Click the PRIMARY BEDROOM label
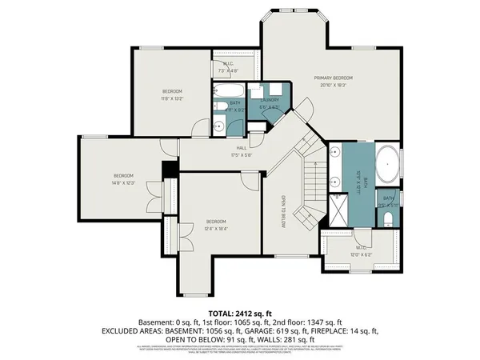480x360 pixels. coord(334,78)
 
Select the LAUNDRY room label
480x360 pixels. coord(270,100)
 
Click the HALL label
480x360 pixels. coord(241,147)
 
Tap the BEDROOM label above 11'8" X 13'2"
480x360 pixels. coord(173,91)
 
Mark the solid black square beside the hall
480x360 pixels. coord(168,171)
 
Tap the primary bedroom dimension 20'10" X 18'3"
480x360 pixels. coord(334,85)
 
